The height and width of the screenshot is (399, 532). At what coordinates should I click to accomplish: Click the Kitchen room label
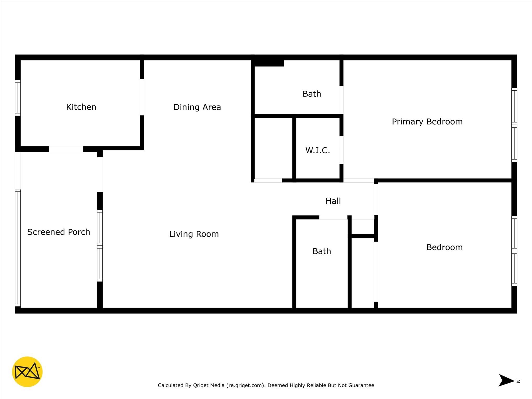click(x=81, y=107)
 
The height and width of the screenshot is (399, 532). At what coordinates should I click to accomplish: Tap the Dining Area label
click(x=197, y=107)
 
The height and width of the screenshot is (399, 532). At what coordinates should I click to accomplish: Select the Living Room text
click(x=194, y=234)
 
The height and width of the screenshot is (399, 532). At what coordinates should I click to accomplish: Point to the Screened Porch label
click(x=59, y=232)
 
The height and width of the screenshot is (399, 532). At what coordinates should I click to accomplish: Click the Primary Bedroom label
click(x=427, y=122)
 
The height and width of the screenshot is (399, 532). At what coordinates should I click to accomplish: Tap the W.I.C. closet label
click(x=318, y=150)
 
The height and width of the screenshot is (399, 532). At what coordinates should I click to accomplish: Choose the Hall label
click(x=333, y=201)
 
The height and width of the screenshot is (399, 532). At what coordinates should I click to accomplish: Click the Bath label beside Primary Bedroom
click(x=312, y=94)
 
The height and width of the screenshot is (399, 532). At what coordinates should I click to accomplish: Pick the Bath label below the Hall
click(x=322, y=251)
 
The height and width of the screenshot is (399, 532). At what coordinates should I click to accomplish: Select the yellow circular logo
click(x=27, y=372)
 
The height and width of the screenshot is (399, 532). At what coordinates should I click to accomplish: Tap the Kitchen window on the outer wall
click(x=18, y=98)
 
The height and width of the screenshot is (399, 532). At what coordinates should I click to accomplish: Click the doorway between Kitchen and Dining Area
click(x=142, y=97)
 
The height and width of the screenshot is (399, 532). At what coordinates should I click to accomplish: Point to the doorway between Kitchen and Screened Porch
click(x=66, y=149)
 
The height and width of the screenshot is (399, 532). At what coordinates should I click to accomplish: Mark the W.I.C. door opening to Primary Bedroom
click(x=341, y=150)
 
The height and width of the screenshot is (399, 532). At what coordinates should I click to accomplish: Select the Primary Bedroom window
click(x=514, y=125)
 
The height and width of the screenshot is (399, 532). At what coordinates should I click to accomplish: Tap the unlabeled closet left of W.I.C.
click(x=273, y=148)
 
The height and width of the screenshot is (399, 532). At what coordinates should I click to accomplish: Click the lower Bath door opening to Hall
click(x=333, y=217)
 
